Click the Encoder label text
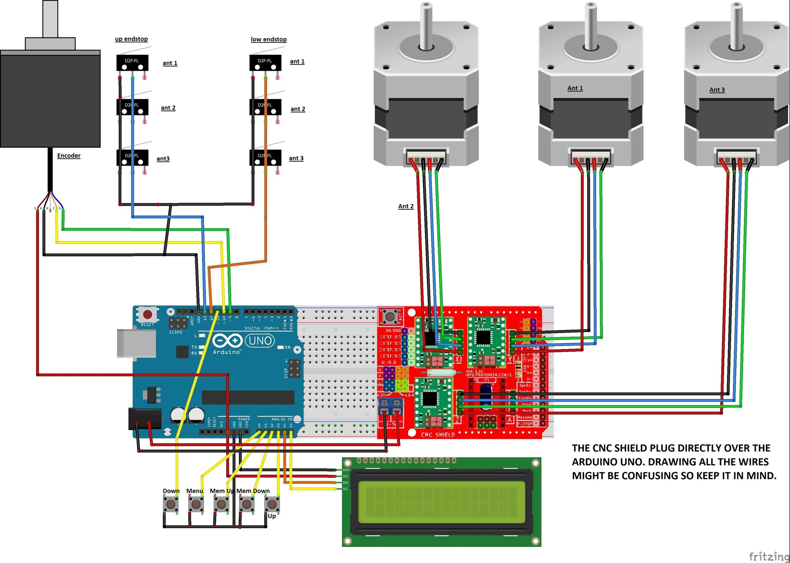tap(69, 156)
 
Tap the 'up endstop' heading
tap(131, 39)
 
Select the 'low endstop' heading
tap(269, 39)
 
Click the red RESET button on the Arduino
tap(147, 315)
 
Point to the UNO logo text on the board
tap(260, 341)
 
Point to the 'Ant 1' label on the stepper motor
tap(575, 88)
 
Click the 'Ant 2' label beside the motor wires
tap(406, 206)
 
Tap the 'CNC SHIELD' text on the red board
tap(438, 434)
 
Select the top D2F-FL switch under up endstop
tap(132, 63)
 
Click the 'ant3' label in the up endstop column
tap(163, 159)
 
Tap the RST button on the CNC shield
tap(390, 316)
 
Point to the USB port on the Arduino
tap(136, 343)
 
